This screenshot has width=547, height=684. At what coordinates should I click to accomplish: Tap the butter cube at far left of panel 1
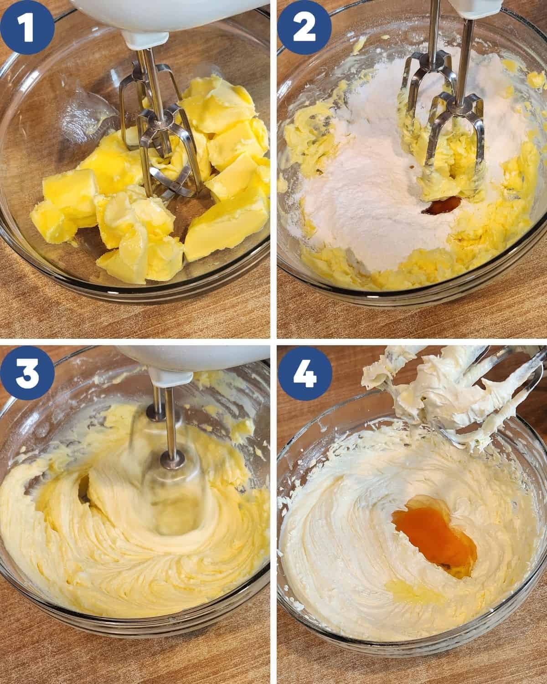[64, 201]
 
